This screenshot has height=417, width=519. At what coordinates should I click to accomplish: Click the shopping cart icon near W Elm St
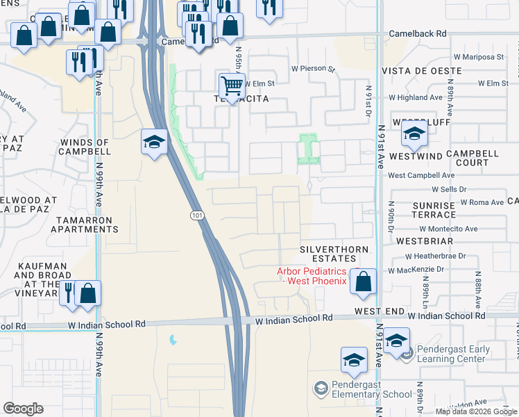232,86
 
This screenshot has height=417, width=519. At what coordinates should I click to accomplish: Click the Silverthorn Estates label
332,254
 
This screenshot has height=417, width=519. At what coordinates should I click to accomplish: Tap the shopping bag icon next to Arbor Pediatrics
363,281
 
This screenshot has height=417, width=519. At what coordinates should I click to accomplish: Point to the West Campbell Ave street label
421,176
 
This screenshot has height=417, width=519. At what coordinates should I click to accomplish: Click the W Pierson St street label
313,69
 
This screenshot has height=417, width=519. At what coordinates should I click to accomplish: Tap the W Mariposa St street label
475,56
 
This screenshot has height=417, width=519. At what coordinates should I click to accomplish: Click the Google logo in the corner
23,409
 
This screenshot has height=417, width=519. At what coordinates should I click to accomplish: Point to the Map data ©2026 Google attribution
475,411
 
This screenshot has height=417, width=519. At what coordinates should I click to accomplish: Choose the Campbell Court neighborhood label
472,157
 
